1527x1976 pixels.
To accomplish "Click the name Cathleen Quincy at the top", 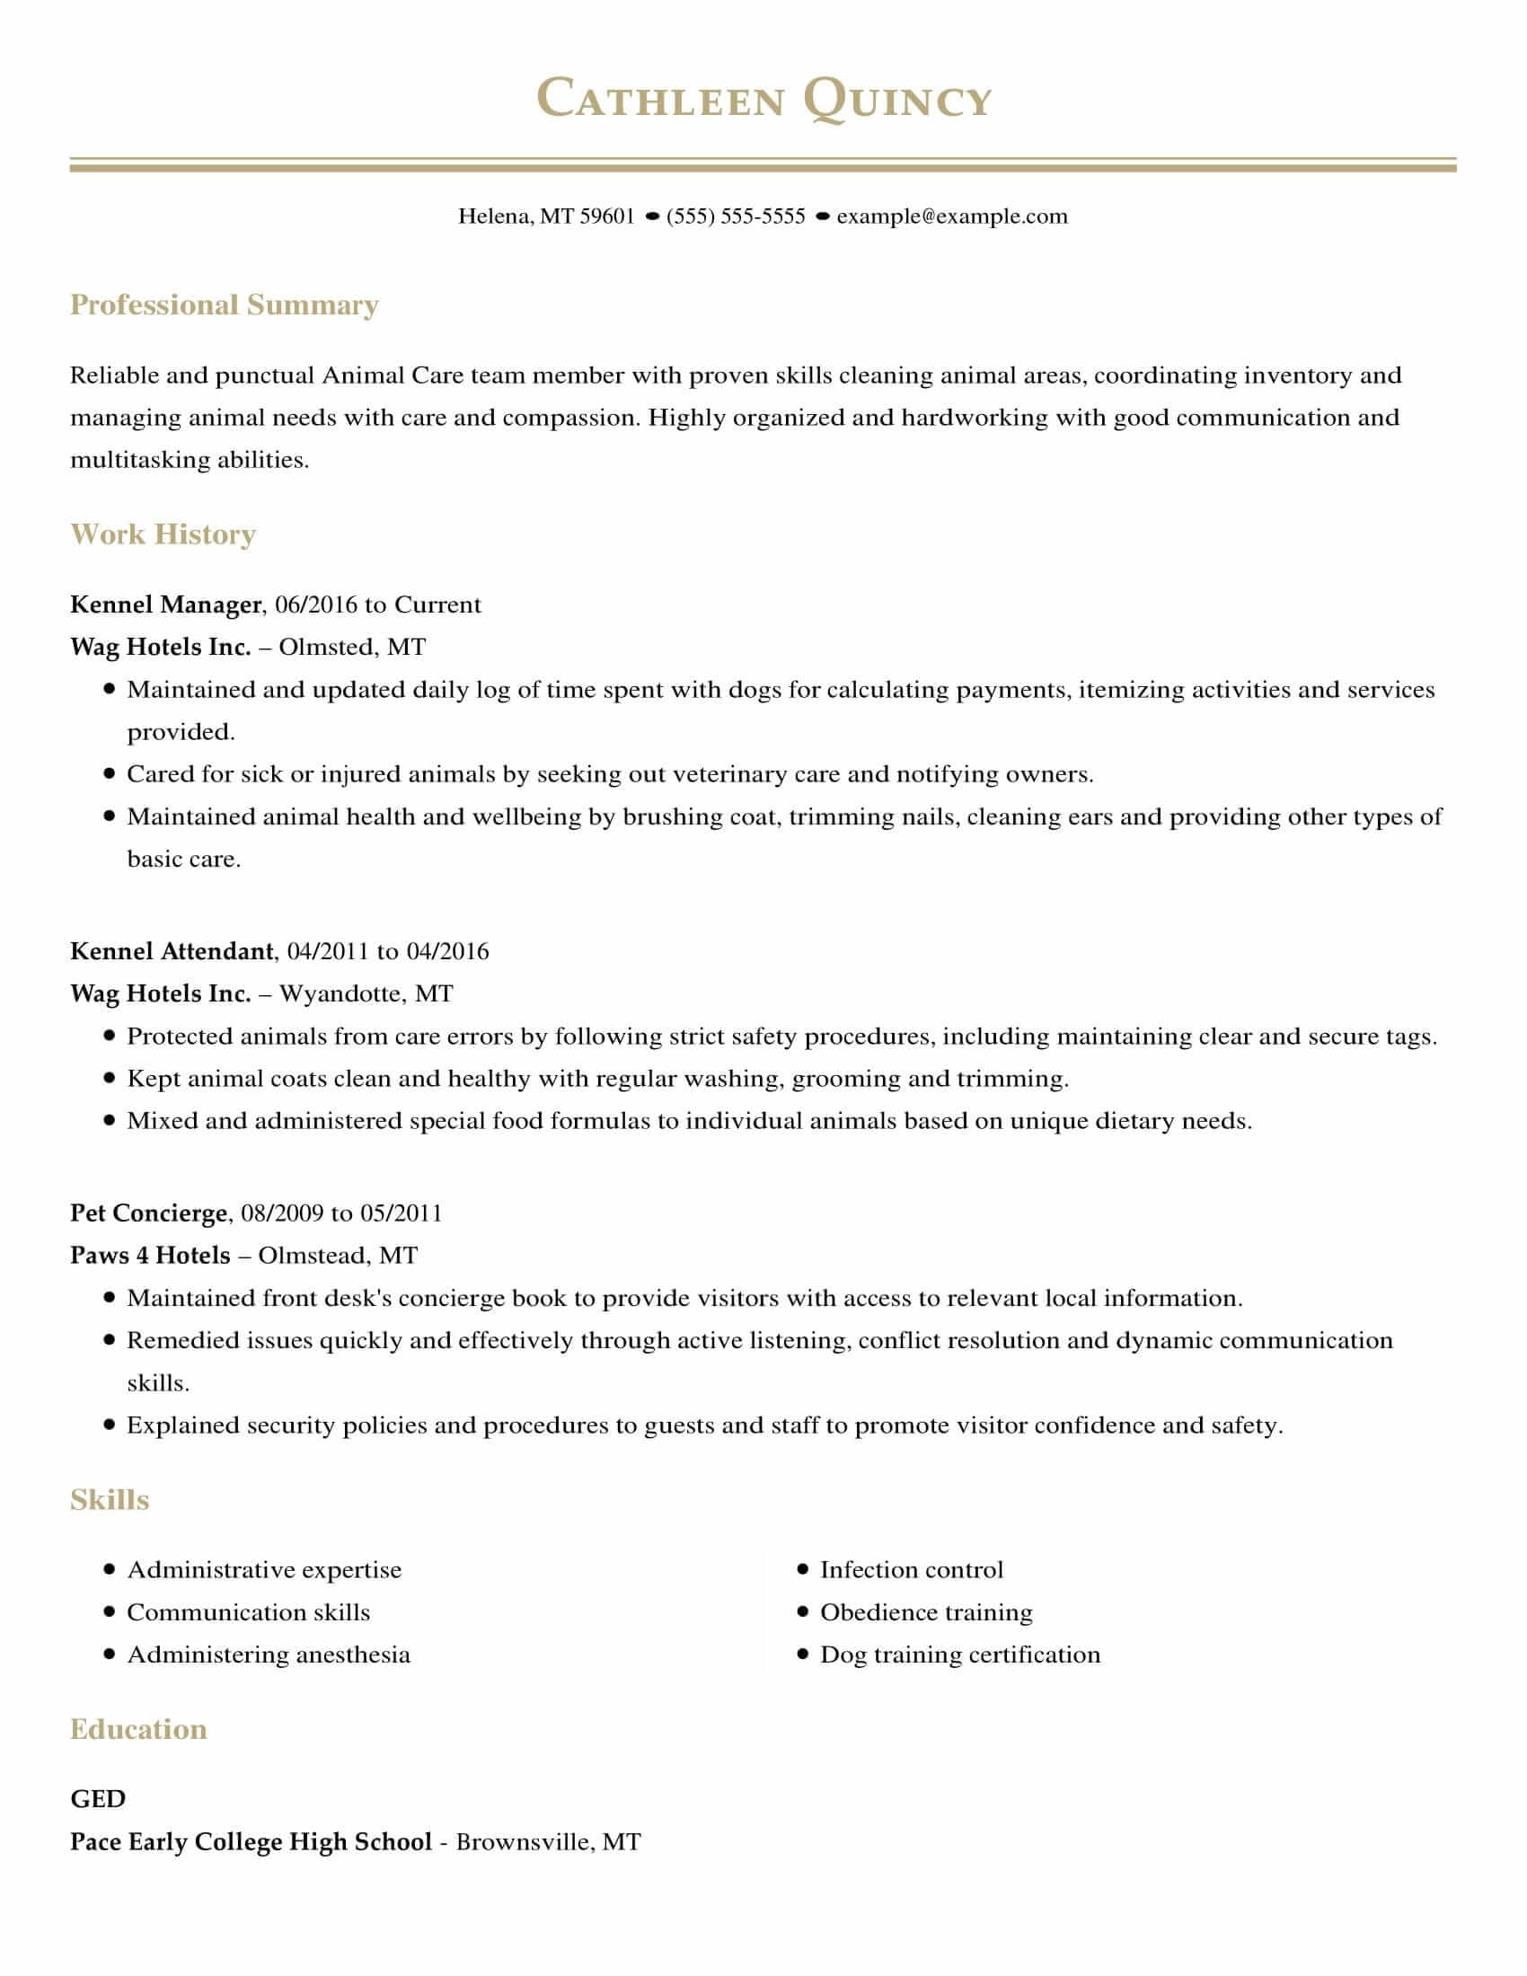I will [x=763, y=99].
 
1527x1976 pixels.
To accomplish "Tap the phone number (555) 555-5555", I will [x=736, y=216].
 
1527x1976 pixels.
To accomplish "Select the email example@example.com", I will [x=951, y=216].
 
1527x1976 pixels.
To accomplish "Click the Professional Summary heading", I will [x=225, y=304].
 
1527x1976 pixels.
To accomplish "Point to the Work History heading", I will [x=163, y=534].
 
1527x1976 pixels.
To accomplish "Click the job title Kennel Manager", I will [x=165, y=604].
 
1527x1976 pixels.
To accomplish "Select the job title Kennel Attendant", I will [x=171, y=951].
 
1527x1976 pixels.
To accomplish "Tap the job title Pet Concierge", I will [x=148, y=1213].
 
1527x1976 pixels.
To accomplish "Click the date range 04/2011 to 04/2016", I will [x=387, y=951].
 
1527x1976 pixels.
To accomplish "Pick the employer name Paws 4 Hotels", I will [x=150, y=1255].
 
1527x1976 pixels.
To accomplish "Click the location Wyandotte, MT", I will [x=366, y=993].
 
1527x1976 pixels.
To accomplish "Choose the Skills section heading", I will [x=110, y=1500].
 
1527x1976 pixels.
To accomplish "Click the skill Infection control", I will [x=911, y=1570].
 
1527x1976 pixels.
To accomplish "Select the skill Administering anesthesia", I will [x=269, y=1654].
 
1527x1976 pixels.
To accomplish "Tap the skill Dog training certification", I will [x=960, y=1654].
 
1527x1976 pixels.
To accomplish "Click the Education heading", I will [x=138, y=1729].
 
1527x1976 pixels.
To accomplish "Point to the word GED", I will [x=98, y=1799].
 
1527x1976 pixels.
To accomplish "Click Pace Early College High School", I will [x=251, y=1842].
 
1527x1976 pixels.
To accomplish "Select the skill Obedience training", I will [x=925, y=1612].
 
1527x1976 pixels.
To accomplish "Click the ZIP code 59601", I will [x=606, y=216].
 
